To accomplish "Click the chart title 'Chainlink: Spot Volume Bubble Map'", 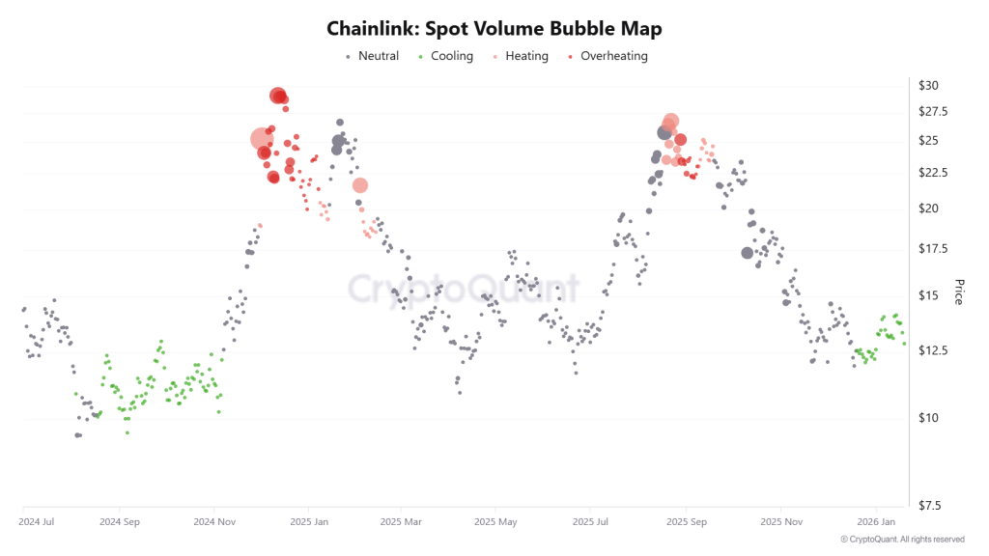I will click(x=494, y=29).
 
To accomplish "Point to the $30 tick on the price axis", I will click(x=928, y=85).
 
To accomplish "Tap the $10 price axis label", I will click(x=928, y=418).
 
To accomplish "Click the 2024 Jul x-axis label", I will click(x=37, y=521).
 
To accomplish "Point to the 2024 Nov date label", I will click(x=214, y=521).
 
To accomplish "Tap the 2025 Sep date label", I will click(x=685, y=521).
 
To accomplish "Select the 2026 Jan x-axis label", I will click(x=875, y=521).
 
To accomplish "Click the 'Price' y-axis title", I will click(x=959, y=292).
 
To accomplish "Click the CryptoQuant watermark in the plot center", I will click(x=464, y=289).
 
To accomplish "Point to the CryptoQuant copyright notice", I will click(x=902, y=539).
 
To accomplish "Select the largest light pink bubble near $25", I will click(x=262, y=140).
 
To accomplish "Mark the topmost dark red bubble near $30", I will click(x=278, y=96).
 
